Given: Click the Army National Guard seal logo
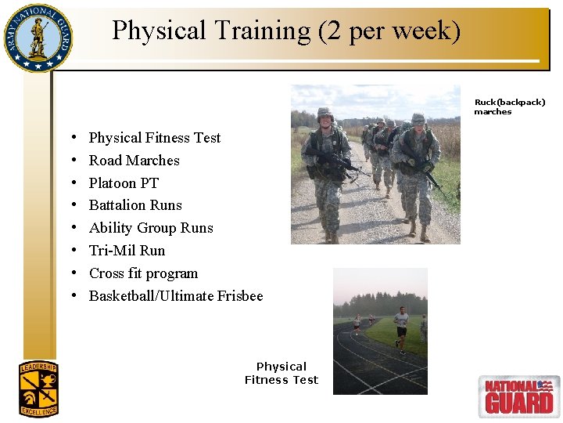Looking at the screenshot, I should (37, 38).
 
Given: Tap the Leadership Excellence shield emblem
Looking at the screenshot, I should (38, 389).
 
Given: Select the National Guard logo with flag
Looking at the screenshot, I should (518, 396).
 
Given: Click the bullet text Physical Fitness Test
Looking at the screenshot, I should (155, 138).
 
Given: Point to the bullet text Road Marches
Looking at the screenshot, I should (134, 161).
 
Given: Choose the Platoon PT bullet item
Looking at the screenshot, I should (124, 183).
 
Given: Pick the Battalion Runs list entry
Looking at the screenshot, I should (135, 205).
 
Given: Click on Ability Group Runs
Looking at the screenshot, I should (151, 228).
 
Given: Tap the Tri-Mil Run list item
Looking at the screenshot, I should (127, 251).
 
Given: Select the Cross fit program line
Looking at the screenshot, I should (143, 273).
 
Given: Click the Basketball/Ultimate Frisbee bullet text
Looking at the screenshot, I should (176, 296).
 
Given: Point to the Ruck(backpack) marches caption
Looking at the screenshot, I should (509, 107).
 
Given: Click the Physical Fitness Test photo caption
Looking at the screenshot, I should (281, 373).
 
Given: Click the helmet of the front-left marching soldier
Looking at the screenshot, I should (325, 114).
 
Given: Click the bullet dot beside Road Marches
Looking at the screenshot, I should (73, 161).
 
